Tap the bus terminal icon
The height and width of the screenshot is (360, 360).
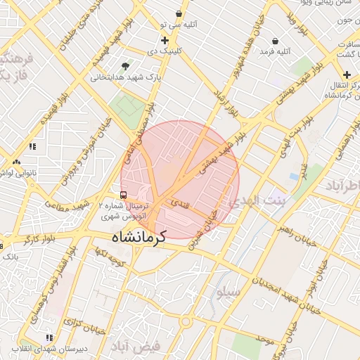coord(124,195)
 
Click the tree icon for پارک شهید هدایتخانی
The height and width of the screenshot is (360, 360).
coord(126,65)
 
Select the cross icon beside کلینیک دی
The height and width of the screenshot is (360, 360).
coord(165,41)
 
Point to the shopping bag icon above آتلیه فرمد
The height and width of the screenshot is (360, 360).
coord(274,41)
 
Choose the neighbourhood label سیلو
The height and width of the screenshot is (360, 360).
coord(229,290)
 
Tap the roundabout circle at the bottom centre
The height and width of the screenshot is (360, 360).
coord(186,321)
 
